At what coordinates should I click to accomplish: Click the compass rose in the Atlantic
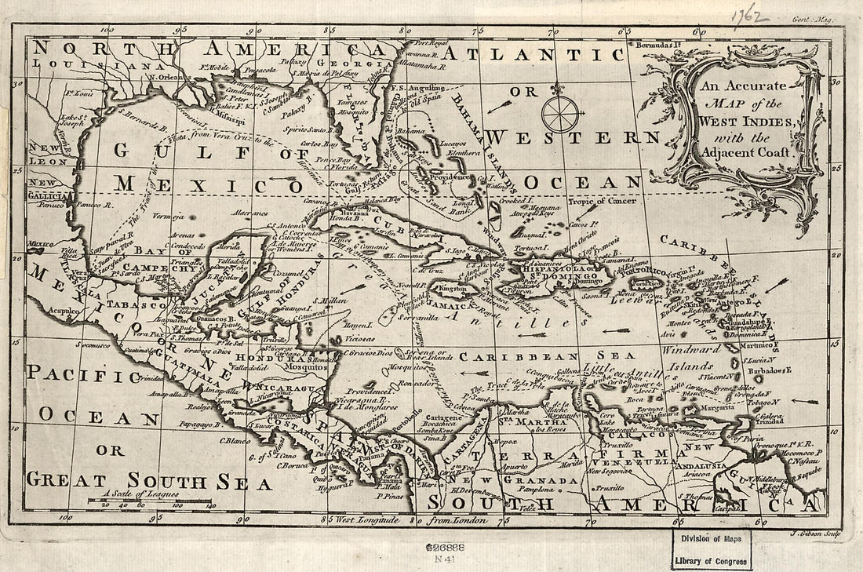[563, 112]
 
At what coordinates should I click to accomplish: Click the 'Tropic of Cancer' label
[603, 201]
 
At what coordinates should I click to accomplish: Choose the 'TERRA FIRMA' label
[571, 454]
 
